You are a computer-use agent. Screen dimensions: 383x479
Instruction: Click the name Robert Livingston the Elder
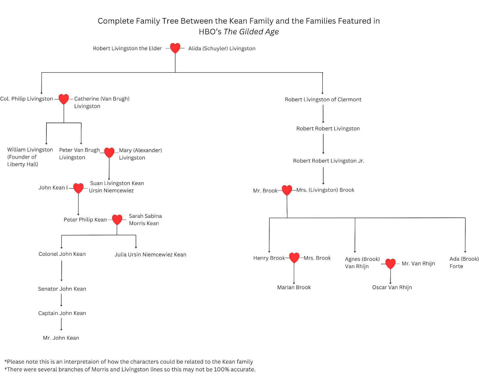tap(127, 48)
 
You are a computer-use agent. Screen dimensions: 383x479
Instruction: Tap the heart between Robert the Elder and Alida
tap(175, 48)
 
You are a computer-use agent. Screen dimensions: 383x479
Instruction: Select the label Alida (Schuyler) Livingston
tap(222, 48)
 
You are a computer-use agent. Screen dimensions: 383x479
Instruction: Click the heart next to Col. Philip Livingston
tap(63, 99)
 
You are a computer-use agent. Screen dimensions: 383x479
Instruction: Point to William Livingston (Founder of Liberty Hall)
tap(30, 157)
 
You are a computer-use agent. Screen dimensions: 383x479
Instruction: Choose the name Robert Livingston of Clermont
tap(323, 100)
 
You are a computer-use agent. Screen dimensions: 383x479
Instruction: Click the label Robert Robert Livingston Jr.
tap(328, 161)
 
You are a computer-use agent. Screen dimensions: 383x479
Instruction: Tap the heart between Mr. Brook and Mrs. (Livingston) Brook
tap(287, 190)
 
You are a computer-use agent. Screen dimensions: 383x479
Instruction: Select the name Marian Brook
tap(294, 288)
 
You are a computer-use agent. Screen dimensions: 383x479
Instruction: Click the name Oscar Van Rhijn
tap(392, 288)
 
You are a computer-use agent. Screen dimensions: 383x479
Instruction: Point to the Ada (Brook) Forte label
tap(464, 263)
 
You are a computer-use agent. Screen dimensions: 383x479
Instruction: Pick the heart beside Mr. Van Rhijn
tap(390, 264)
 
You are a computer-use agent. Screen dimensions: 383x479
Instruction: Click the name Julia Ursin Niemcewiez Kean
tap(150, 255)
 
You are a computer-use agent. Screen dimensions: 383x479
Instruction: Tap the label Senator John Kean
tap(62, 289)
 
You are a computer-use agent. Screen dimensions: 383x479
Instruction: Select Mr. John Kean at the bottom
tap(61, 338)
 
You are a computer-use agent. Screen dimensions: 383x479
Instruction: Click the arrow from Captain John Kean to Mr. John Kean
tap(61, 324)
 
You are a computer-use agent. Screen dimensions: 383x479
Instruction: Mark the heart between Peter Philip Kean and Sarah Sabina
tap(117, 220)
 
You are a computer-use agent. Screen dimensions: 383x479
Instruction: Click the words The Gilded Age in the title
tap(251, 32)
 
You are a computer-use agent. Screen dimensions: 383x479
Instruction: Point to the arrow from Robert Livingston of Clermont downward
tap(323, 114)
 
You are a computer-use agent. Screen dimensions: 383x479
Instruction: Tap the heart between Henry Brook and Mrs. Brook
tap(294, 258)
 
